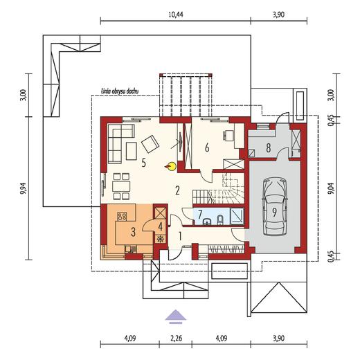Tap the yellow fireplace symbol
169,165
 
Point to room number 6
206,147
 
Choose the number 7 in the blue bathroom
199,214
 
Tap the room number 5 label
143,163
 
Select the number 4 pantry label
160,225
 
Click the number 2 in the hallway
177,189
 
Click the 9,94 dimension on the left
23,187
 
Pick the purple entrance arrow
176,316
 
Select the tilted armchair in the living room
150,143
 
